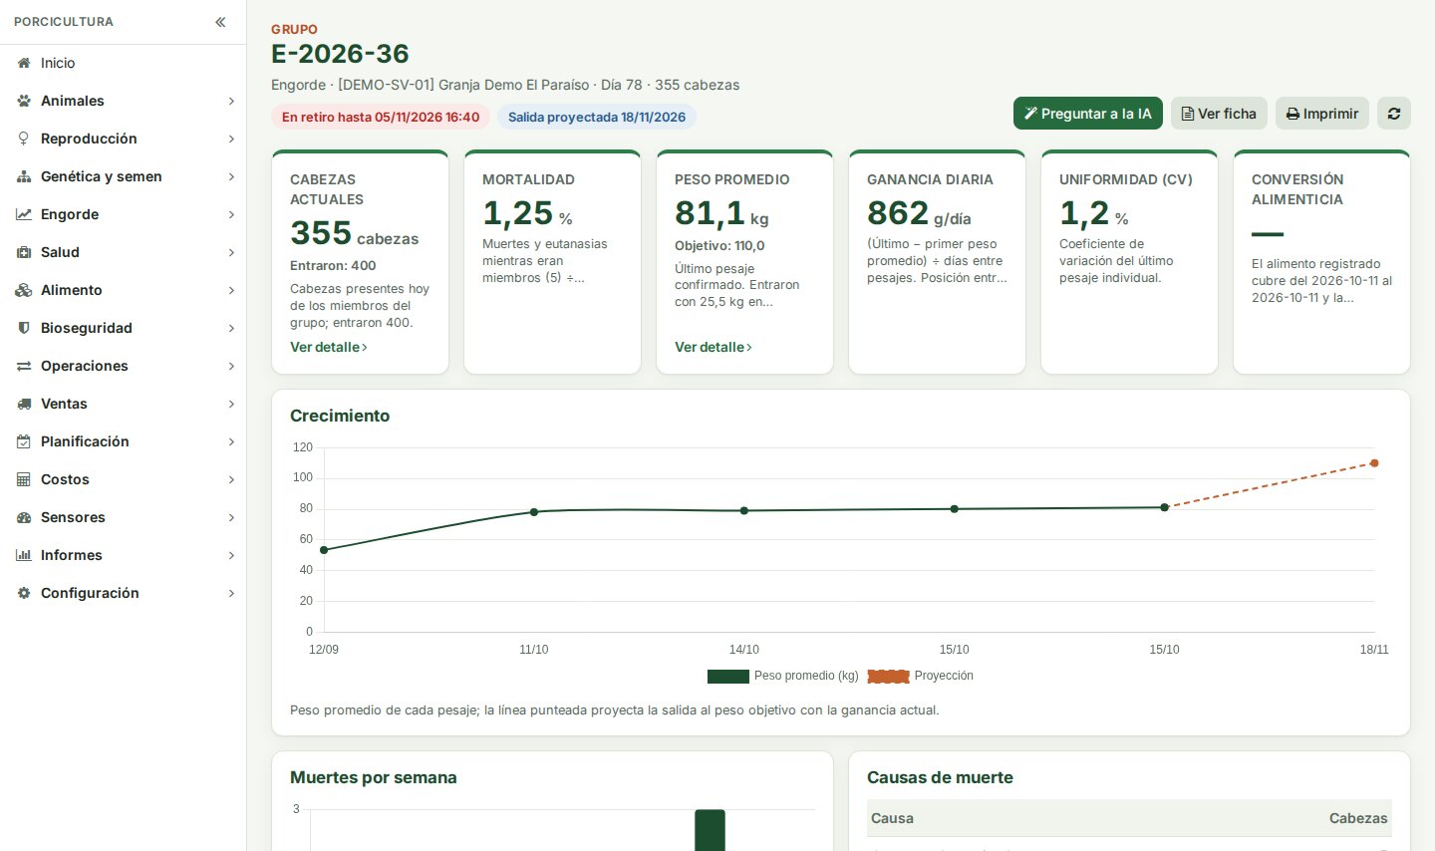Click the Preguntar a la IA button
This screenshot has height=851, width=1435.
coord(1087,114)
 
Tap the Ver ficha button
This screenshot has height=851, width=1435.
coord(1219,114)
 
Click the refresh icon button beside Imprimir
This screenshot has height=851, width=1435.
coord(1394,114)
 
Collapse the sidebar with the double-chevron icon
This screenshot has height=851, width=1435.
coord(220,22)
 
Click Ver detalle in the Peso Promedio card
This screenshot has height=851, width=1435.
coord(714,347)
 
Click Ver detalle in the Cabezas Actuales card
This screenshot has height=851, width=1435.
coord(329,347)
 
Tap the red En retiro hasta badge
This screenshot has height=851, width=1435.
coord(381,117)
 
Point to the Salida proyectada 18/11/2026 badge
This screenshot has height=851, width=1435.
coord(596,117)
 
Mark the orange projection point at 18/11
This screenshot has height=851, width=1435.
coord(1374,462)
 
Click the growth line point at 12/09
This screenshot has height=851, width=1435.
coord(324,550)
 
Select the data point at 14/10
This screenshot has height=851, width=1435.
coord(743,511)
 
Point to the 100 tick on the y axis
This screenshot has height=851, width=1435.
coord(302,477)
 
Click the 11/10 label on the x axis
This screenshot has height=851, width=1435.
coord(534,649)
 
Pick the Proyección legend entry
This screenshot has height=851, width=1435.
coord(920,676)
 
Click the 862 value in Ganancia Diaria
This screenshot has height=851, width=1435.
coord(898,213)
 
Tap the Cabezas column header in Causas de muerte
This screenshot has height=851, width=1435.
coord(1358,818)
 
